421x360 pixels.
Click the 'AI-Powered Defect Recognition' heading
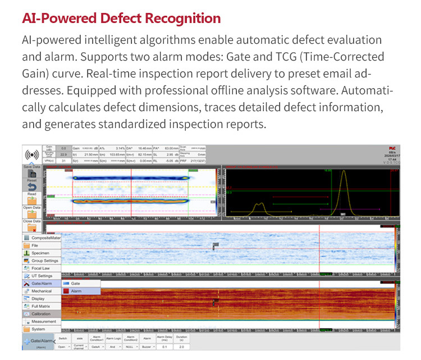tap(121, 18)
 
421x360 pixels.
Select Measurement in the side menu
tap(43, 322)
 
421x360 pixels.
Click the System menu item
tap(38, 329)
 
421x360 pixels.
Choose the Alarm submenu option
tap(76, 291)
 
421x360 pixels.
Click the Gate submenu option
tap(75, 284)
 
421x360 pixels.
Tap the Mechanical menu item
tap(42, 291)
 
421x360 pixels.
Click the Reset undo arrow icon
tap(31, 186)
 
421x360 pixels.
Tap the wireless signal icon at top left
tap(31, 155)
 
